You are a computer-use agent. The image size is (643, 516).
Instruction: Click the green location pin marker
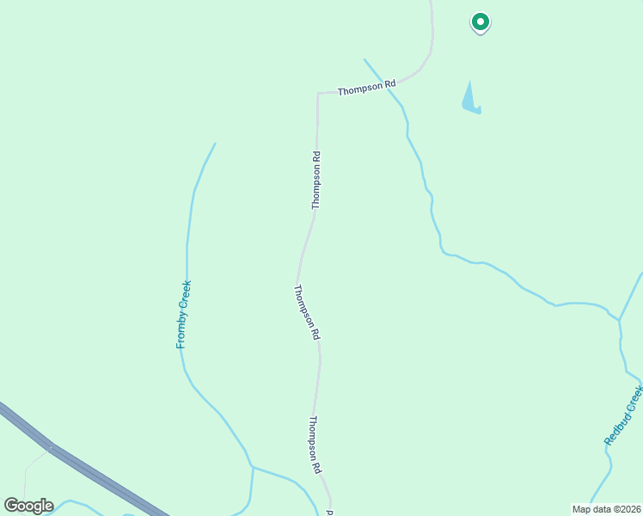coord(481,21)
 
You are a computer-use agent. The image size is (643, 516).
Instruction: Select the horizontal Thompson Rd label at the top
coord(366,88)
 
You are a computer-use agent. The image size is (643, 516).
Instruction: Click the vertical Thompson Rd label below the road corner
coord(316,180)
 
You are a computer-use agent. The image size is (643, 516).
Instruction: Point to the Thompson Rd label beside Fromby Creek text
coord(307,312)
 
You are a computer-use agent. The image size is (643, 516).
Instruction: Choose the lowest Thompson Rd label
coord(315,445)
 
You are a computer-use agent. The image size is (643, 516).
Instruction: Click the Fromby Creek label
coord(183,314)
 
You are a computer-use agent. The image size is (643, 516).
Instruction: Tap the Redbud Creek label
coord(624,415)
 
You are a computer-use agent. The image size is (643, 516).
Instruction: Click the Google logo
coord(28,506)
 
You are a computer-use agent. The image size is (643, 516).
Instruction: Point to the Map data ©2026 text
coord(606,509)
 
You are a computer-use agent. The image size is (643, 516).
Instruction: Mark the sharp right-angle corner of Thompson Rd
coord(318,93)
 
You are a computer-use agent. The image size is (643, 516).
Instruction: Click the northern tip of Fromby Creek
coord(215,144)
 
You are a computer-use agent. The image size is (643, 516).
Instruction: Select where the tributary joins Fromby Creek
coord(252,467)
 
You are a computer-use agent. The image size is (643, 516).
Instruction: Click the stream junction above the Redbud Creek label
coord(619,320)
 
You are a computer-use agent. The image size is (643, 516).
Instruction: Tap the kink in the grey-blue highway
coord(51,447)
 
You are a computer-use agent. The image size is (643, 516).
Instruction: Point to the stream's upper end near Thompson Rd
coord(364,59)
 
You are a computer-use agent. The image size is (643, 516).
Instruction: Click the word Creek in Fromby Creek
coord(184,295)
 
